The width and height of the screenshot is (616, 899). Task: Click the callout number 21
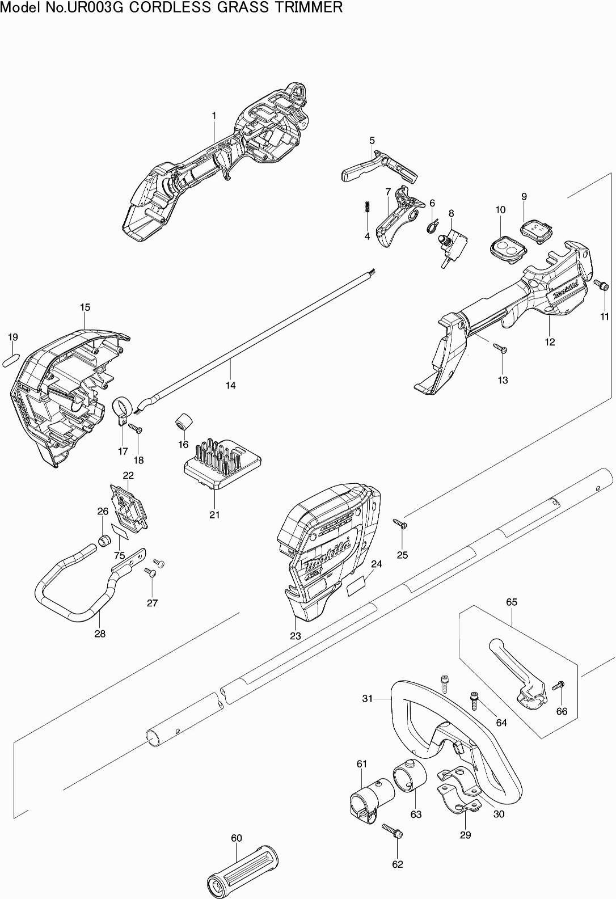pyautogui.click(x=214, y=514)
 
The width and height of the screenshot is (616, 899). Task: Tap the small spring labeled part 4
pyautogui.click(x=367, y=207)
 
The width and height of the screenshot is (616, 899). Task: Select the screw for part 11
pyautogui.click(x=602, y=285)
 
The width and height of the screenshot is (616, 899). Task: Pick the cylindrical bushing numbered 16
pyautogui.click(x=183, y=422)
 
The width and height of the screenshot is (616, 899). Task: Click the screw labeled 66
pyautogui.click(x=558, y=686)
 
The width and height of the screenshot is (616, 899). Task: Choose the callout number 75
pyautogui.click(x=119, y=556)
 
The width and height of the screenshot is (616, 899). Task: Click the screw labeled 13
pyautogui.click(x=500, y=348)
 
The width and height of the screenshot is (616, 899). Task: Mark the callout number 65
pyautogui.click(x=512, y=602)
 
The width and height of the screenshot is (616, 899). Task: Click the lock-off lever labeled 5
pyautogui.click(x=379, y=168)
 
